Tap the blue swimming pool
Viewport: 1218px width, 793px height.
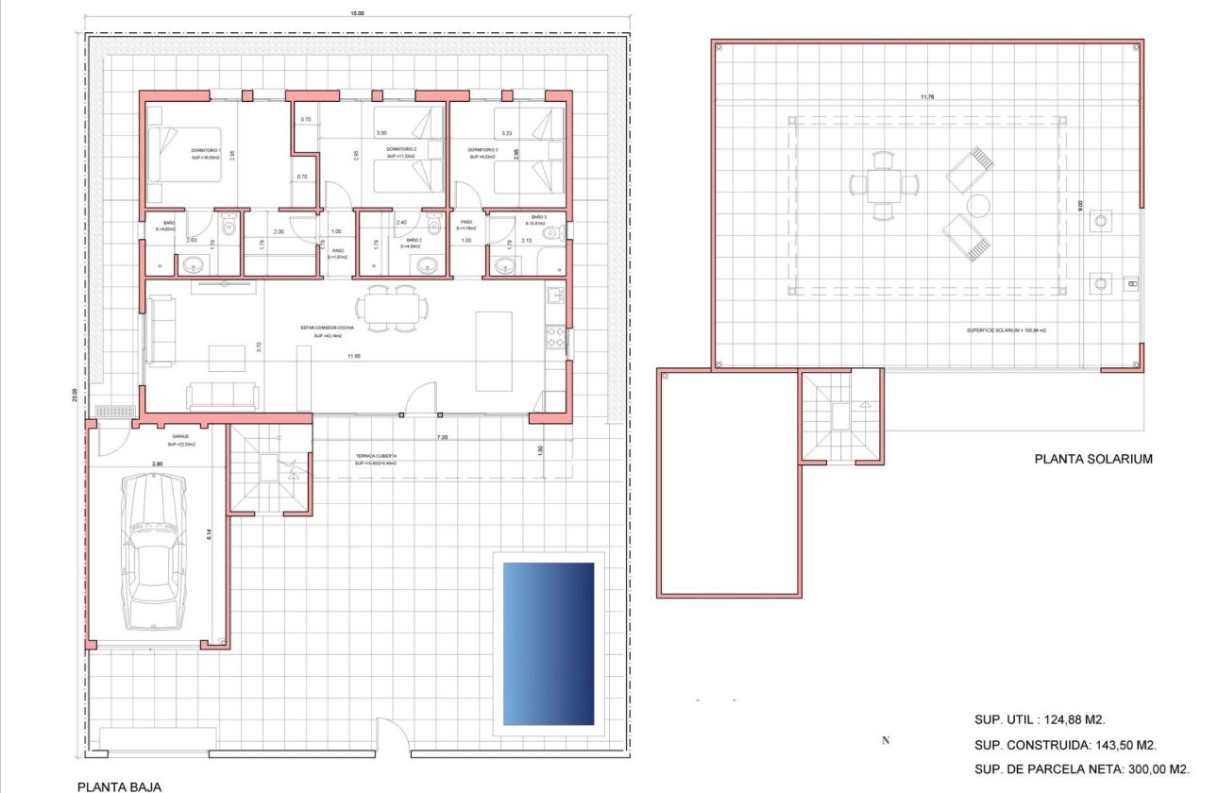[549, 644]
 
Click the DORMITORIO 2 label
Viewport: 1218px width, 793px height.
[403, 150]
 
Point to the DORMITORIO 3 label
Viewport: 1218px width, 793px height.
[482, 150]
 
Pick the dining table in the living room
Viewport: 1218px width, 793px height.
[391, 309]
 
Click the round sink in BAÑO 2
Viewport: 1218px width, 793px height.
[427, 266]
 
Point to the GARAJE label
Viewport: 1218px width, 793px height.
[180, 436]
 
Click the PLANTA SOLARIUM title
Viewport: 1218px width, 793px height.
[1094, 460]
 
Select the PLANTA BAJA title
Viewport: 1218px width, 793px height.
[118, 785]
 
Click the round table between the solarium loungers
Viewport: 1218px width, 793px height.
[976, 205]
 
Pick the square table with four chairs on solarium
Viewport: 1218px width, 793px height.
[882, 184]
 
